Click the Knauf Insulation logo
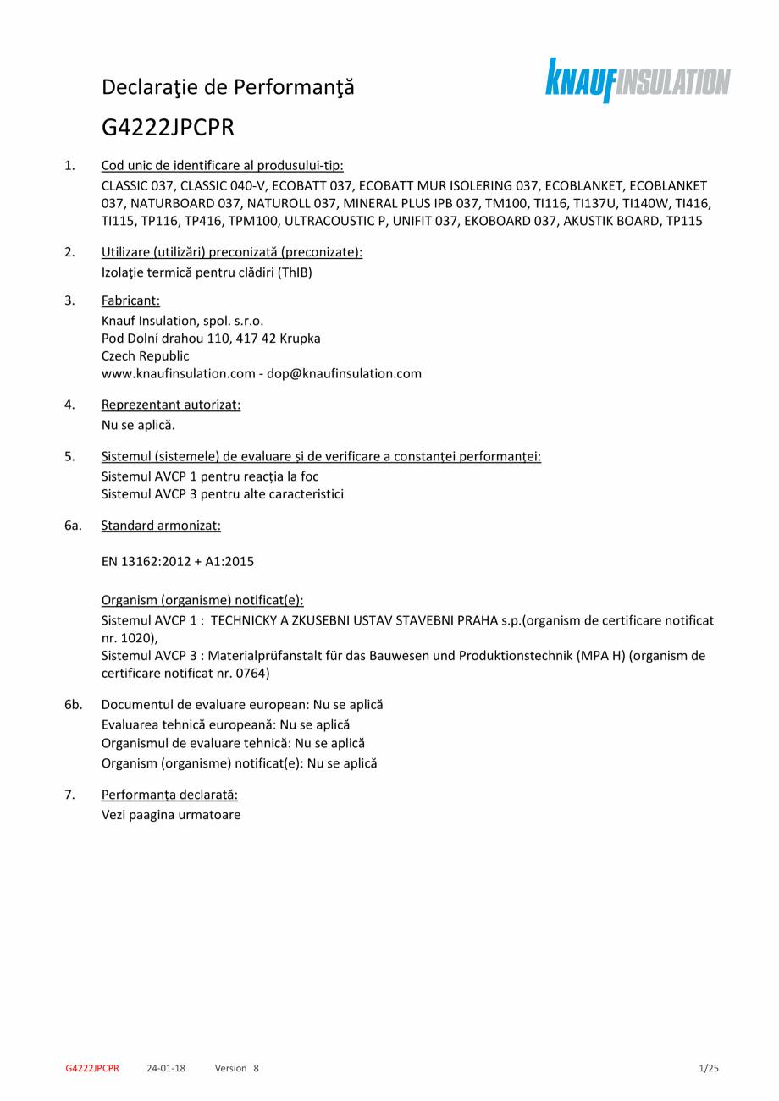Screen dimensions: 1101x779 (x=637, y=80)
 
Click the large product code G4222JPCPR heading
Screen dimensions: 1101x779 (x=168, y=127)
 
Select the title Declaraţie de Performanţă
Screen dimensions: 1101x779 (x=228, y=86)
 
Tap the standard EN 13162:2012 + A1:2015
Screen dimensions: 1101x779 (x=178, y=560)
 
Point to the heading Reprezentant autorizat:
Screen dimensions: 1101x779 (x=171, y=405)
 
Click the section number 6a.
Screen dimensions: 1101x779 (x=73, y=526)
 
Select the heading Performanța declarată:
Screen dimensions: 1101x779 (x=169, y=795)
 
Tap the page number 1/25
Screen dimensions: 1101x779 (x=708, y=1068)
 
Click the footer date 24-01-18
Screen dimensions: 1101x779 (x=166, y=1068)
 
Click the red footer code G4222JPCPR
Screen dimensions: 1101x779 (x=92, y=1068)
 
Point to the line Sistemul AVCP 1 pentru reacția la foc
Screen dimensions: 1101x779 (x=210, y=476)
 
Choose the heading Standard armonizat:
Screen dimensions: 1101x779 (x=161, y=526)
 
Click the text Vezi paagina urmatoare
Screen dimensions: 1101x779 (x=171, y=814)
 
